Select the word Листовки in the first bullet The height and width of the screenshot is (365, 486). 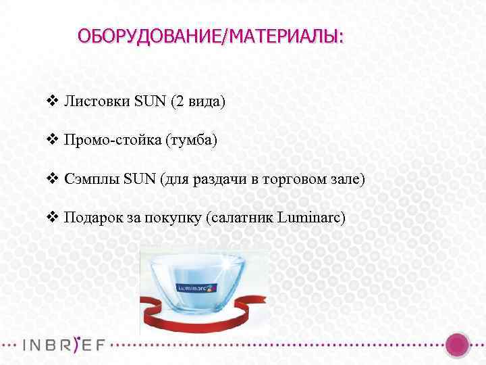tap(97, 102)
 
